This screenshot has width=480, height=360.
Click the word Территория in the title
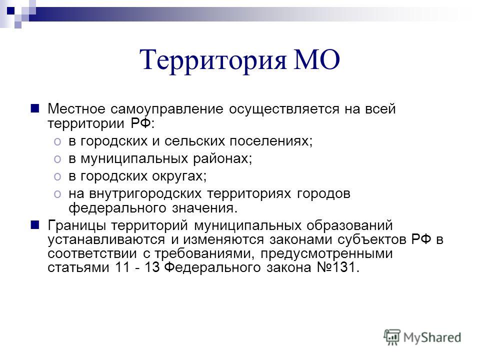click(213, 59)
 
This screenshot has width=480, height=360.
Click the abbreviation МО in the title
click(316, 59)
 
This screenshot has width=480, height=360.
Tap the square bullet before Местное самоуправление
click(35, 108)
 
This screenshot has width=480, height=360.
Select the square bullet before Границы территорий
click(35, 225)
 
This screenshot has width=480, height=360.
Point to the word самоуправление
click(167, 109)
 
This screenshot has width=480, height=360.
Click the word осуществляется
click(284, 109)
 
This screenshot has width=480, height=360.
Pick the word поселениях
click(271, 141)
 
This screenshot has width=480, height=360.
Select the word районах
click(222, 158)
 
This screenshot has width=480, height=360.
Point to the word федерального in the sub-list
click(117, 208)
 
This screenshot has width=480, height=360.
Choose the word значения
click(205, 208)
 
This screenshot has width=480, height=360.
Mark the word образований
click(349, 225)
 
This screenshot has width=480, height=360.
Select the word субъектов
click(372, 239)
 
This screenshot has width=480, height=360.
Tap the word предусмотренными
click(326, 254)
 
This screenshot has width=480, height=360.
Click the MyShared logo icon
click(392, 337)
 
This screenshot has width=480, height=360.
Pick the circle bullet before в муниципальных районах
click(57, 159)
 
